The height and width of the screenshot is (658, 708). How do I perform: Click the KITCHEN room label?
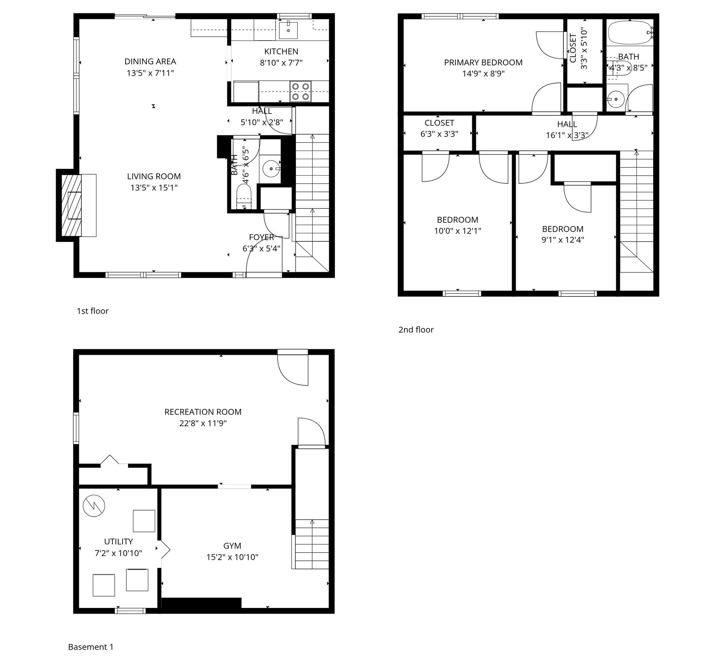[x=281, y=51]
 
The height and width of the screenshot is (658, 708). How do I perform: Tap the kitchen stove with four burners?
[x=300, y=91]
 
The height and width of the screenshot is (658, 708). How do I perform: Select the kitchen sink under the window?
[x=288, y=30]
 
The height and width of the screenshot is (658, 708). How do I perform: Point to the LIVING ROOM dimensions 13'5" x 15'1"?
[x=154, y=188]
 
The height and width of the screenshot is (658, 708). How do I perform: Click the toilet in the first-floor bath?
[x=243, y=200]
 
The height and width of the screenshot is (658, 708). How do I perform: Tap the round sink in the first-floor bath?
[x=271, y=169]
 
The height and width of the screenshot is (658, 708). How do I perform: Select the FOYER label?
[x=261, y=237]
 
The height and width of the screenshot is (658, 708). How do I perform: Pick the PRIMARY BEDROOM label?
[x=483, y=63]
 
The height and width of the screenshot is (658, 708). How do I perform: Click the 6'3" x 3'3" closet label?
[x=439, y=134]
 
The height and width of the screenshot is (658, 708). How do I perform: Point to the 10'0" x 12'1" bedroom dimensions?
[x=457, y=231]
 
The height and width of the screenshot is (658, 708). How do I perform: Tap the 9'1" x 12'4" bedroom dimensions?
[x=562, y=240]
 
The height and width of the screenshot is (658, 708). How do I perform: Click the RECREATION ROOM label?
[x=203, y=412]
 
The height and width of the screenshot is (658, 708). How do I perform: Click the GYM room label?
[x=232, y=546]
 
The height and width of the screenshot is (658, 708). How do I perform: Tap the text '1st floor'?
[x=93, y=311]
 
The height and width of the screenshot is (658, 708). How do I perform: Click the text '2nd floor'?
[x=416, y=329]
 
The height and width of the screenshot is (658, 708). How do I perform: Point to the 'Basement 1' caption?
[x=91, y=647]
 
